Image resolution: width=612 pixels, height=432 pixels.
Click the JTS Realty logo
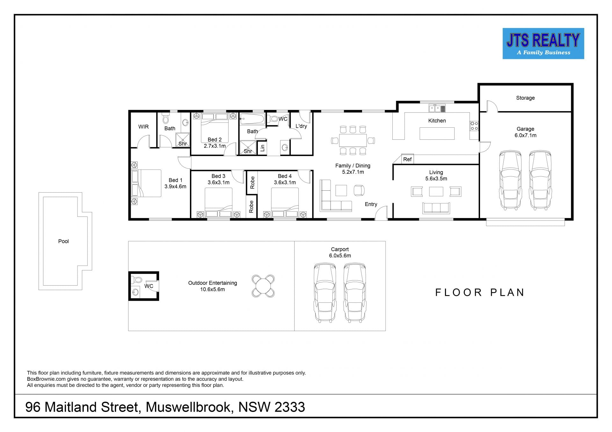coord(543,44)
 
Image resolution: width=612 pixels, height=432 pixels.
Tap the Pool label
coord(63,241)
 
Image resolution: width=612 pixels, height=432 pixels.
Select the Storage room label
coord(525,98)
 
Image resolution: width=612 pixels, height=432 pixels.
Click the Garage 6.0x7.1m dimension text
coord(525,135)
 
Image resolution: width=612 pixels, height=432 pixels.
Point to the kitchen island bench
coord(437,133)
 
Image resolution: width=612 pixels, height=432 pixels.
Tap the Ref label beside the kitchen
coord(407,159)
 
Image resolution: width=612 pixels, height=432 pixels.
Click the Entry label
coord(371,204)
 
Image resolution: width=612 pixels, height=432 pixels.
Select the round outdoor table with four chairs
coord(263,286)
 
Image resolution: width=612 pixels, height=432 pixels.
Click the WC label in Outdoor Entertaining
coord(149,286)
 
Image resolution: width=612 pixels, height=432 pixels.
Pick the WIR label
coord(143,127)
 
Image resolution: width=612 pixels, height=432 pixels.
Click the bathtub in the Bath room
coord(252,119)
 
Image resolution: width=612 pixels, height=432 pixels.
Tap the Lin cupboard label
coord(262,148)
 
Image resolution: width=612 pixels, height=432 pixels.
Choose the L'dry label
coord(301,126)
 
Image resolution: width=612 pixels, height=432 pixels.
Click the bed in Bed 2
coord(215,128)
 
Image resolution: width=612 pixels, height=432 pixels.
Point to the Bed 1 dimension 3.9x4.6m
coord(175,187)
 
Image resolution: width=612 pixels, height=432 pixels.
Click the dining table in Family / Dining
coord(353,140)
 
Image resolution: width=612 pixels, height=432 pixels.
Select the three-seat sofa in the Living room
coord(436,208)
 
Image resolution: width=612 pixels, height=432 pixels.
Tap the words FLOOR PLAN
coord(480,293)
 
